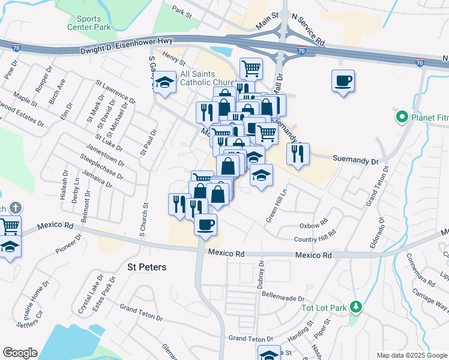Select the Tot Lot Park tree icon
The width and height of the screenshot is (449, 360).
point(356,308)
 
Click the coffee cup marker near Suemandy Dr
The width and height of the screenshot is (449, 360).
point(343,80)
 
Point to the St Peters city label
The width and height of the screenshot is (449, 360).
point(146,266)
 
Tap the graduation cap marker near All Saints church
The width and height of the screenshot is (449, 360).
point(163,82)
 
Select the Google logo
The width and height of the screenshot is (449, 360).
point(20,353)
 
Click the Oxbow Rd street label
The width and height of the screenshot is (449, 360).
point(313,226)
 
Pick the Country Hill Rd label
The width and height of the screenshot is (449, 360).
point(314,239)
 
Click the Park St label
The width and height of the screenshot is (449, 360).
point(181,11)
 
